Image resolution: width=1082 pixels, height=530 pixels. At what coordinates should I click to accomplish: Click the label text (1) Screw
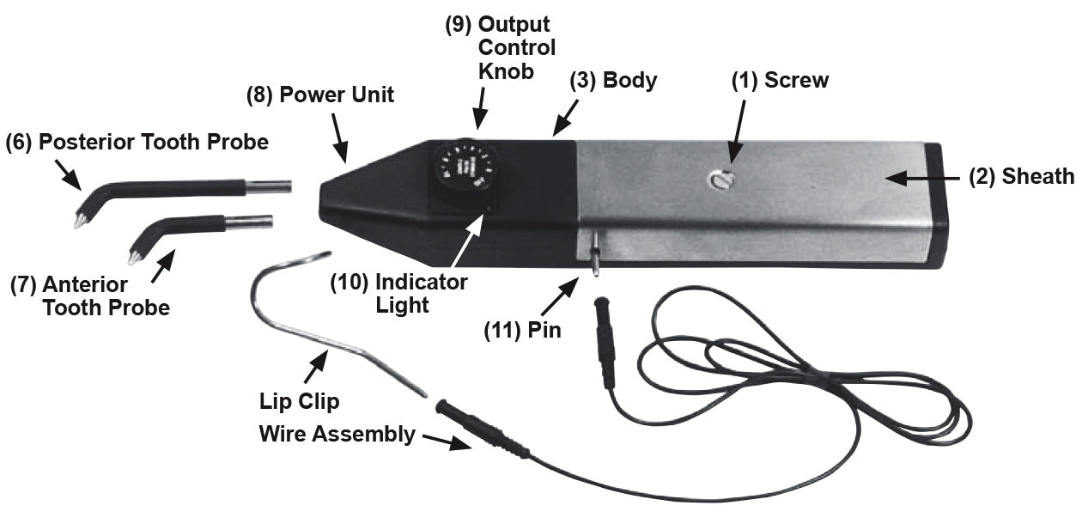click(x=780, y=81)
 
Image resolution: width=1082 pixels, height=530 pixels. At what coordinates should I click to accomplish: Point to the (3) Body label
click(x=614, y=81)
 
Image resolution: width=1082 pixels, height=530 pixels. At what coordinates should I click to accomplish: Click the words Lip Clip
click(x=299, y=401)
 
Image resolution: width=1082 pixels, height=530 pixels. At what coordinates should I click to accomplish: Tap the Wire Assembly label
click(x=337, y=434)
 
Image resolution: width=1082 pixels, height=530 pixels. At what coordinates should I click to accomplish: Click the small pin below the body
click(x=594, y=261)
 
